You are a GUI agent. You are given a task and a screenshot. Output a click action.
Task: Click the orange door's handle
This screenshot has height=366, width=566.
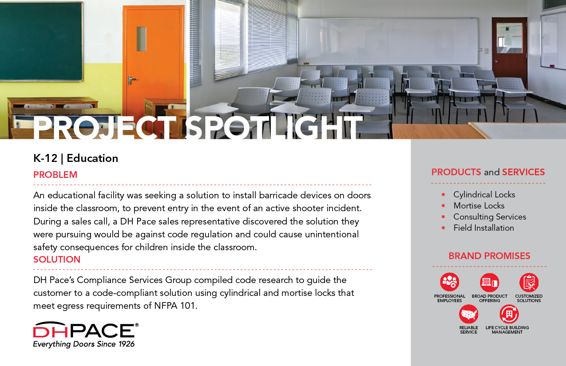pyautogui.click(x=132, y=80)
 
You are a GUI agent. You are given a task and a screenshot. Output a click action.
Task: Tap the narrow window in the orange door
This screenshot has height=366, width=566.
pyautogui.click(x=142, y=39)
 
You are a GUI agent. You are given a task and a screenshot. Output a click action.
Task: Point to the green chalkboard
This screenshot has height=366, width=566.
pyautogui.click(x=41, y=41)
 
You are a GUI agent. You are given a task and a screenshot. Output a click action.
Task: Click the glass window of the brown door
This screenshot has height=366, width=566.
pyautogui.click(x=509, y=38)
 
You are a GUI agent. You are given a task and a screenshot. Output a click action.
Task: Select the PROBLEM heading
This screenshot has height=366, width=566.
pyautogui.click(x=55, y=175)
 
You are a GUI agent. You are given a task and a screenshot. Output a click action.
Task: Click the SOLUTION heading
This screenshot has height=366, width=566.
pyautogui.click(x=57, y=260)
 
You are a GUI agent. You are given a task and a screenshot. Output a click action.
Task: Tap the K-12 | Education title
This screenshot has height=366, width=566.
pyautogui.click(x=76, y=158)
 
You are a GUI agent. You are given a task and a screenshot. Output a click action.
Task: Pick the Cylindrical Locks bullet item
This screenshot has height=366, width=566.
pyautogui.click(x=484, y=194)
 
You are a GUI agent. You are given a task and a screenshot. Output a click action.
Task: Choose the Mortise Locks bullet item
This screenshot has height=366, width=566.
pyautogui.click(x=479, y=205)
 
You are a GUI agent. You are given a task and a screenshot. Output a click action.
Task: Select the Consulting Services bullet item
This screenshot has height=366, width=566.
pyautogui.click(x=490, y=217)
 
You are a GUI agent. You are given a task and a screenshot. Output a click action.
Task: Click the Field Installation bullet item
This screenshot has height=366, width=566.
pyautogui.click(x=483, y=228)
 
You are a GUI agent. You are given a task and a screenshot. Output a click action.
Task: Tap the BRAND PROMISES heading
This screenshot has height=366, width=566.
pyautogui.click(x=489, y=256)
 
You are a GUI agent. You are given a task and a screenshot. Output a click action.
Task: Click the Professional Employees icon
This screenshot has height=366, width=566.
pyautogui.click(x=450, y=282)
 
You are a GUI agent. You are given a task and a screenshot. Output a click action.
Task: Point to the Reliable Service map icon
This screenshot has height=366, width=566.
pyautogui.click(x=469, y=314)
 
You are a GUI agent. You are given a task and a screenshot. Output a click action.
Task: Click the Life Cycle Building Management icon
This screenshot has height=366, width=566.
pyautogui.click(x=509, y=314)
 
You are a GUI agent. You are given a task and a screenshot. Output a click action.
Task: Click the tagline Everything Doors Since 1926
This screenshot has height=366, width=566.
pyautogui.click(x=84, y=344)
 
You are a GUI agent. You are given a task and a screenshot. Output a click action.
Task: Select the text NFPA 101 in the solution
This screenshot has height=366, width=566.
pyautogui.click(x=174, y=306)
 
